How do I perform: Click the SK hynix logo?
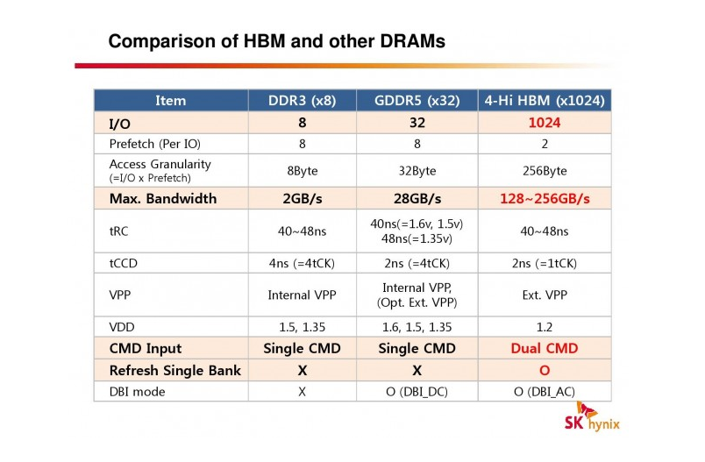[592, 417]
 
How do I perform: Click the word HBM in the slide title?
[265, 41]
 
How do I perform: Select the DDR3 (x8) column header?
[303, 100]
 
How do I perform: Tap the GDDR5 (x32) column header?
[417, 100]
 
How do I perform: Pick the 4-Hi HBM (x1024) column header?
[545, 100]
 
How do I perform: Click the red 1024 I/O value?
[545, 123]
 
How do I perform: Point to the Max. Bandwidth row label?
[163, 199]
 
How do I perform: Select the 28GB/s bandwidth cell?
[417, 199]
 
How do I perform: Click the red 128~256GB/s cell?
[545, 199]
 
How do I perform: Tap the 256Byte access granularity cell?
[545, 171]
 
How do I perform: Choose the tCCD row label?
[123, 263]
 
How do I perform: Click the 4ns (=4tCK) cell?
[302, 263]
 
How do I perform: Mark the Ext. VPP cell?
[545, 295]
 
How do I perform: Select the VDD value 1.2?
[544, 327]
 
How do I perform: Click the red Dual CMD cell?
[544, 348]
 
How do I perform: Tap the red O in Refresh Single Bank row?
[545, 370]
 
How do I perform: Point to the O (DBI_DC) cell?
[417, 392]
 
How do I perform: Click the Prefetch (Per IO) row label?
[154, 144]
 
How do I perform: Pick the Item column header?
[170, 100]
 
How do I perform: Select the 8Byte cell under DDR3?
[303, 171]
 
